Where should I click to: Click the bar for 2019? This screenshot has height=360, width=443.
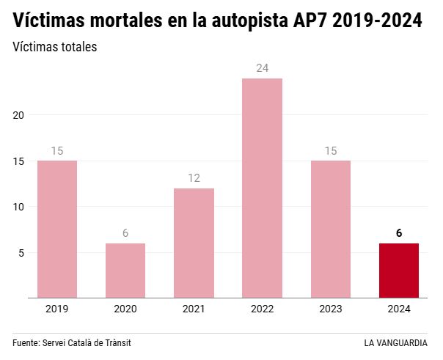[57, 229]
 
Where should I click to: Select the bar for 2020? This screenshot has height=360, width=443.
[125, 271]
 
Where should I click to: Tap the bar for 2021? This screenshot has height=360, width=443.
[194, 243]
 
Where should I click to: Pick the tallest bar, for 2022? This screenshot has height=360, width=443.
[262, 188]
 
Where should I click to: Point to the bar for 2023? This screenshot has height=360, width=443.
[330, 229]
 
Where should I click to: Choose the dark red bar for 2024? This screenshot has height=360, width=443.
[398, 271]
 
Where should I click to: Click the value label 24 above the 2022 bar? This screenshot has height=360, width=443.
[262, 68]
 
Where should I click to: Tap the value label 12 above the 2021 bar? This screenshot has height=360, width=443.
[194, 178]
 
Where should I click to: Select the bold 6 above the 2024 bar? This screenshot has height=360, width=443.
[398, 233]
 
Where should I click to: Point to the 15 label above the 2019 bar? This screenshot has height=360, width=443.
[57, 151]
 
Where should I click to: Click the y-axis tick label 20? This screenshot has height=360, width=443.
[19, 115]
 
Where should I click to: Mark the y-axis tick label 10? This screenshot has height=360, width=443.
[19, 207]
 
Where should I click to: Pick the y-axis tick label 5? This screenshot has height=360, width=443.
[22, 253]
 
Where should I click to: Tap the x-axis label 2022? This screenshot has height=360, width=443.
[262, 309]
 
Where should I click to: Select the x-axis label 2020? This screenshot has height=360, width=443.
[125, 309]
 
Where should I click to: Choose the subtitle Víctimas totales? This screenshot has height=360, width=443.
[55, 47]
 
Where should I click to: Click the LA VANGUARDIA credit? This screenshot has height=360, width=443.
[395, 343]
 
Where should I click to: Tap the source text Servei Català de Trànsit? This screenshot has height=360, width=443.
[91, 343]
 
